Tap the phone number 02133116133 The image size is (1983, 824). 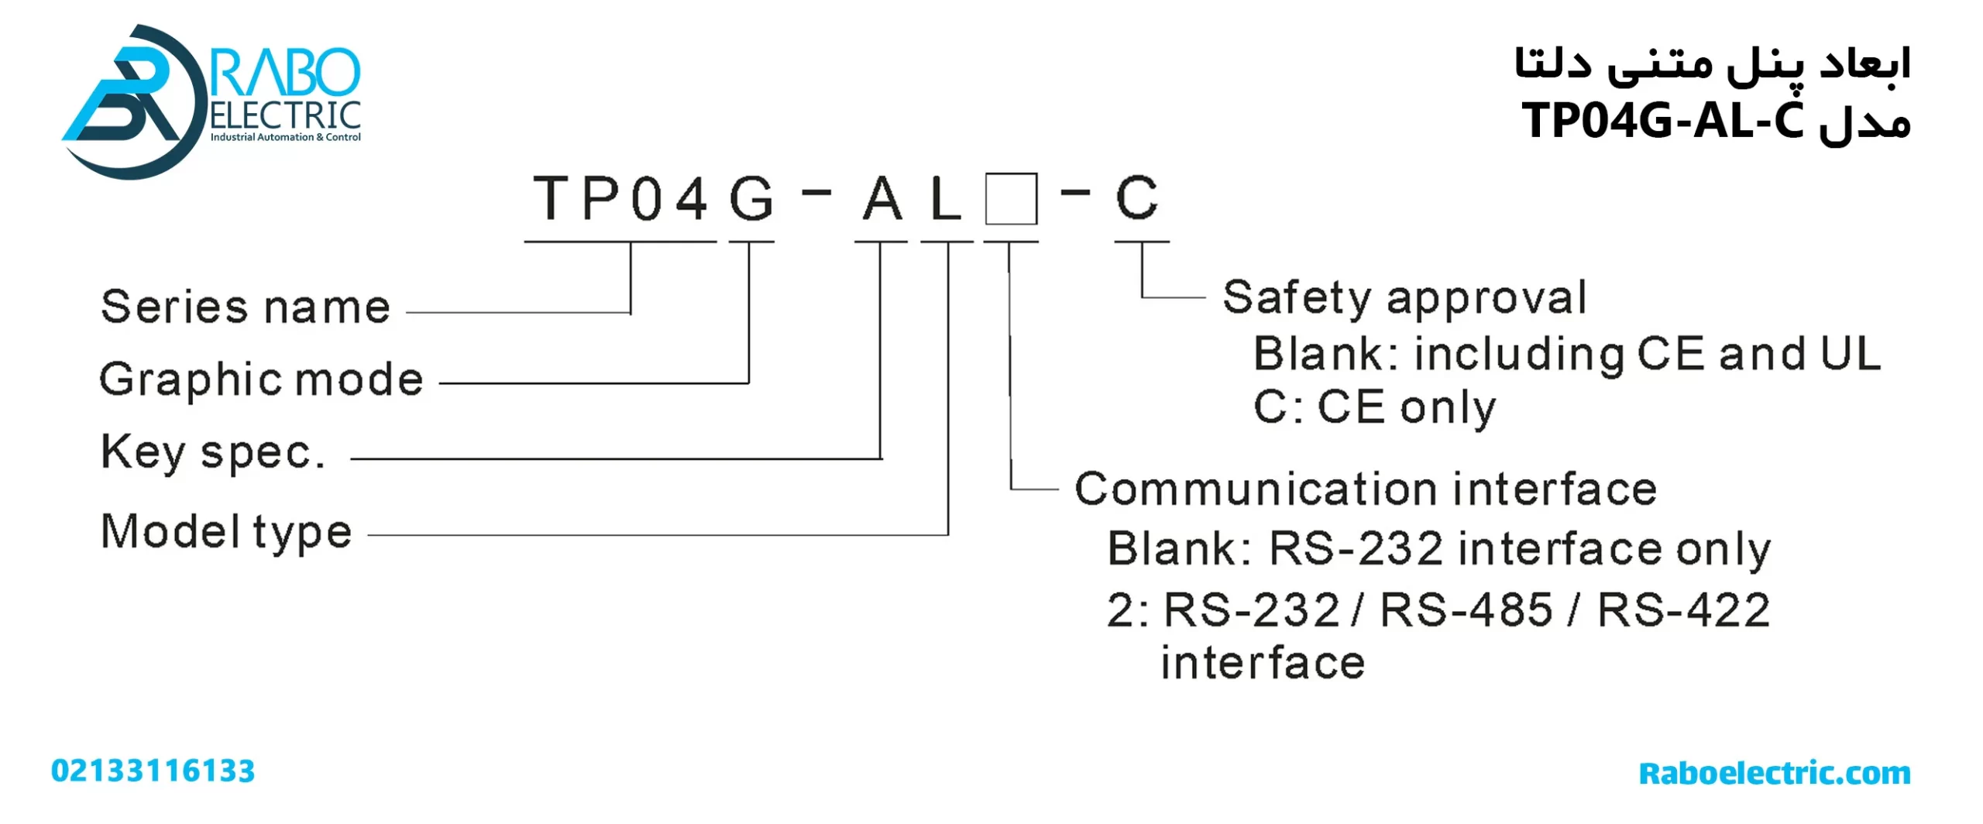[153, 771]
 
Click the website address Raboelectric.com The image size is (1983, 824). [1775, 773]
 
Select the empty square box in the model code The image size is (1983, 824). [1011, 199]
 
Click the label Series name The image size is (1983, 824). [245, 307]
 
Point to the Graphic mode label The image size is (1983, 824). [261, 379]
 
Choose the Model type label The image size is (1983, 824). [226, 532]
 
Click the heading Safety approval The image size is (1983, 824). [1404, 298]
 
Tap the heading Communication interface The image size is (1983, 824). [1365, 489]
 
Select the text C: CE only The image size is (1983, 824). [1374, 407]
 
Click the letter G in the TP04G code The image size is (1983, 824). [751, 199]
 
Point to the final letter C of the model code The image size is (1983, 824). [1136, 198]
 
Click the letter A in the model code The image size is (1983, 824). [882, 199]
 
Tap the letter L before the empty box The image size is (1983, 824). [946, 199]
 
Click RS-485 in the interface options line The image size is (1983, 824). [1466, 610]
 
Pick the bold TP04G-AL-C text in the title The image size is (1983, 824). [1662, 121]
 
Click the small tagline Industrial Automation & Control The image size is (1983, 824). [285, 137]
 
